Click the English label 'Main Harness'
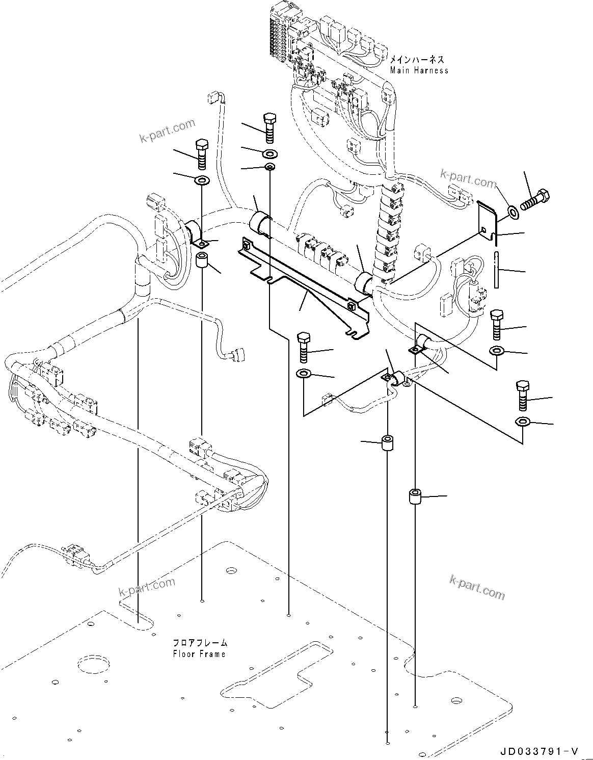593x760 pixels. tap(419, 70)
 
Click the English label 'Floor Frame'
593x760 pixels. tap(199, 653)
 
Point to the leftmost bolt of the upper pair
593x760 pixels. tap(202, 153)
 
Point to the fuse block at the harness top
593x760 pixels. tap(278, 31)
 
